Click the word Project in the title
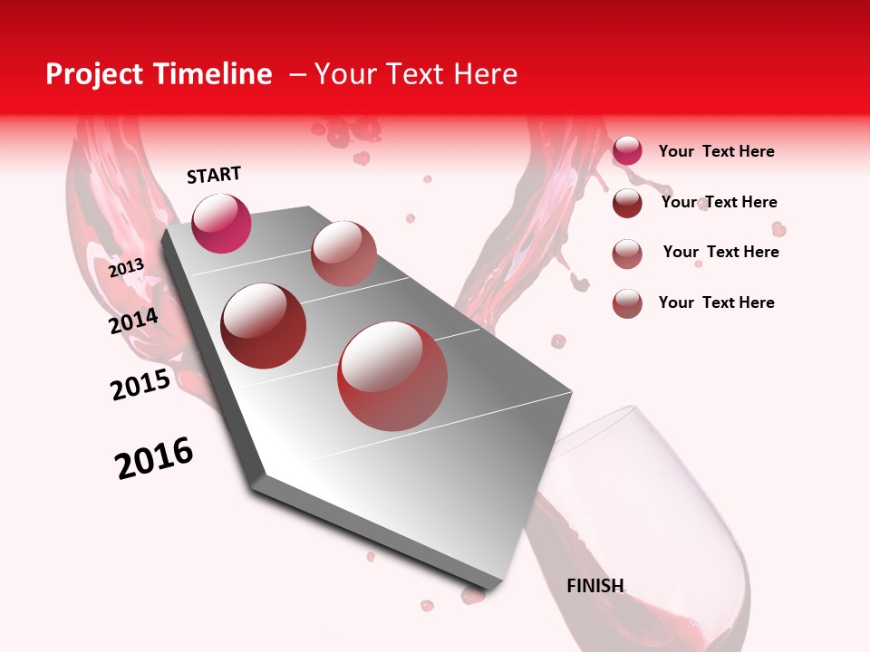click(95, 74)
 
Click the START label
click(214, 175)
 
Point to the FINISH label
click(594, 586)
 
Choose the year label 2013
click(126, 268)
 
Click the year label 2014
click(133, 321)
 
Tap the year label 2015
click(140, 385)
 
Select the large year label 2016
click(154, 458)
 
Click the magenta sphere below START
click(221, 223)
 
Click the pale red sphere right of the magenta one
click(343, 254)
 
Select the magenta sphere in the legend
click(627, 150)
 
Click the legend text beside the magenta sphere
click(716, 151)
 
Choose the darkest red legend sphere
click(627, 203)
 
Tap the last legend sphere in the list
click(627, 303)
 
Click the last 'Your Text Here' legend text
click(716, 302)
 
